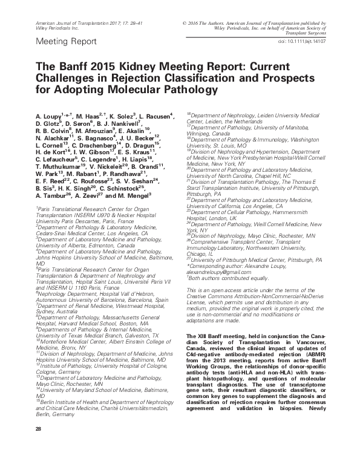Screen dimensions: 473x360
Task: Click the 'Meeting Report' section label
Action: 67,42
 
